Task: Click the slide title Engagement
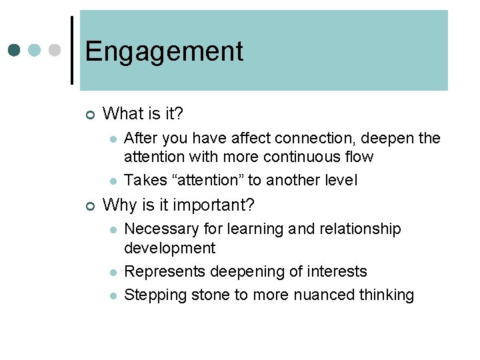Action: (x=164, y=51)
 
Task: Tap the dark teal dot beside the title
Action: (x=15, y=50)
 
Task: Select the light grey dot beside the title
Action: (x=55, y=50)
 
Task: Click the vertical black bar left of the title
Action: (x=72, y=50)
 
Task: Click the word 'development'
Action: (x=169, y=248)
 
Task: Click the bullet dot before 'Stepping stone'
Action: (x=114, y=295)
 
